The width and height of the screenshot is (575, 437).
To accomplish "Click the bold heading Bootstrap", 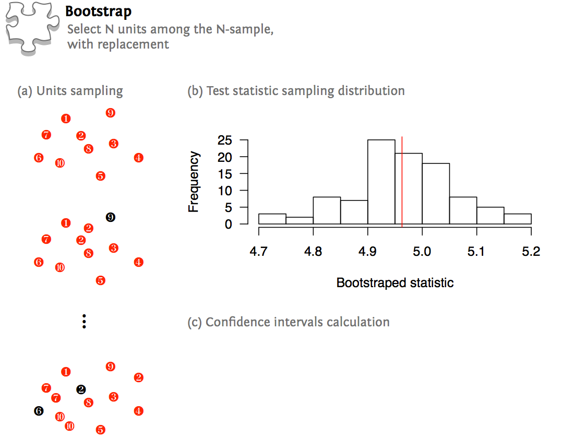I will pos(99,12).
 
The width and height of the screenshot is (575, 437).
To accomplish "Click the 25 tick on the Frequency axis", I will pos(225,140).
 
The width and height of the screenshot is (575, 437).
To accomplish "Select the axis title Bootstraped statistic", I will pos(395,283).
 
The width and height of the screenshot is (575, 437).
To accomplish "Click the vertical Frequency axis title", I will pos(194,182).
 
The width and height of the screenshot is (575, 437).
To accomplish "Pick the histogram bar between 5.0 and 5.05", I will pos(436,194).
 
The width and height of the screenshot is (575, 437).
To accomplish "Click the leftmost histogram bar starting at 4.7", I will pos(272,219).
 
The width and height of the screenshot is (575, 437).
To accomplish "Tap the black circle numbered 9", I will pos(110,217).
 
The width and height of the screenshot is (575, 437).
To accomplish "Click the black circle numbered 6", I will pos(39,411).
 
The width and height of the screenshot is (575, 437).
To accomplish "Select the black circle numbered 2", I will pos(81,389).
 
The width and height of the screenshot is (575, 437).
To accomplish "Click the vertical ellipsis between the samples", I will pos(84,321).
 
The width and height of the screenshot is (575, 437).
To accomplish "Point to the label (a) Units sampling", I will pos(70,91).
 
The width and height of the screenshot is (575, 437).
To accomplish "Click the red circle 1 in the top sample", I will pos(66,119).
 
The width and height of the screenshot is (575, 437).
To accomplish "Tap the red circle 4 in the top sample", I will pos(138,158).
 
